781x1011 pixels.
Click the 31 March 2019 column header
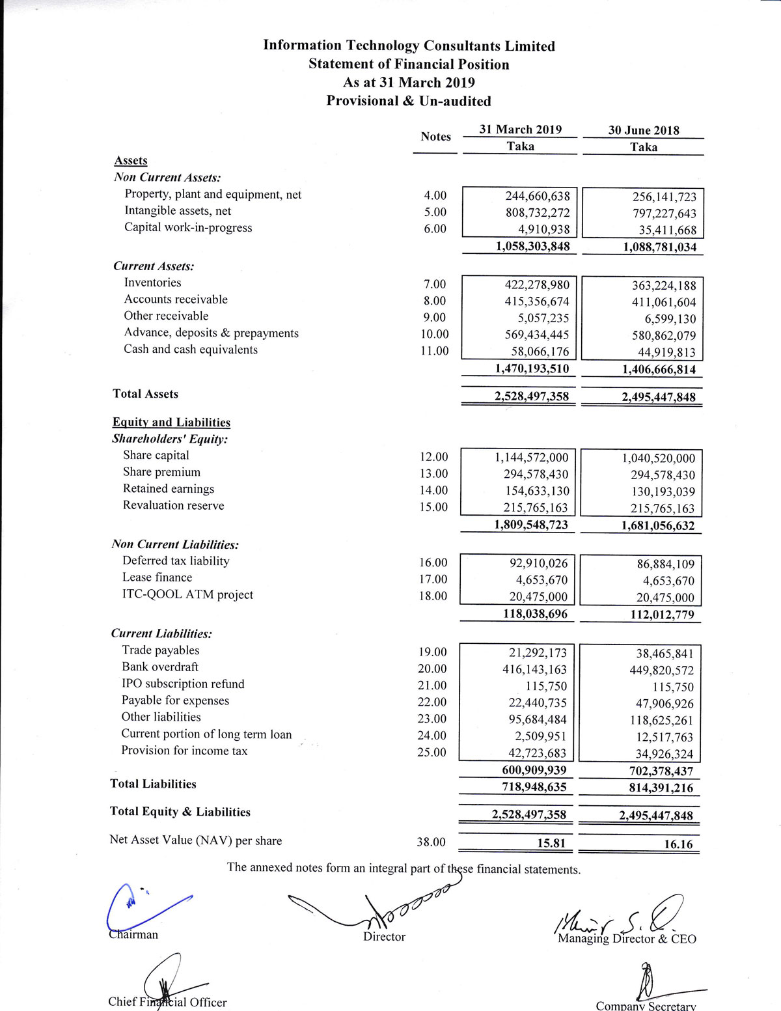coord(520,130)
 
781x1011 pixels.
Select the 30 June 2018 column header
coord(643,130)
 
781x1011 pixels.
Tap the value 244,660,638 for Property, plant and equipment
coord(537,196)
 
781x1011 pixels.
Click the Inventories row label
coord(152,283)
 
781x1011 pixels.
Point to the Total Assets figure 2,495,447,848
coord(658,398)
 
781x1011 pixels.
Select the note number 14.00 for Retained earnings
coord(433,490)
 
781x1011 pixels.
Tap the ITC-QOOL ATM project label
coord(187,594)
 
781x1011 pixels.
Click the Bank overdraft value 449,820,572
coord(661,671)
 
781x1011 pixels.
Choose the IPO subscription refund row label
coord(183,684)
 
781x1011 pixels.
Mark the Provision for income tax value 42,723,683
coord(537,754)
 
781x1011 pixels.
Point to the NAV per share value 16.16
coord(678,844)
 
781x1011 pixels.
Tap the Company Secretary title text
coord(646,1006)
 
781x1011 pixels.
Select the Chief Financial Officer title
coord(167,1002)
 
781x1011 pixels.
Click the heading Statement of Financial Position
coord(408,64)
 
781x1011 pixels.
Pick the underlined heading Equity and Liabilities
coord(171,422)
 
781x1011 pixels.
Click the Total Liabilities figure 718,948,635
coord(530,787)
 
